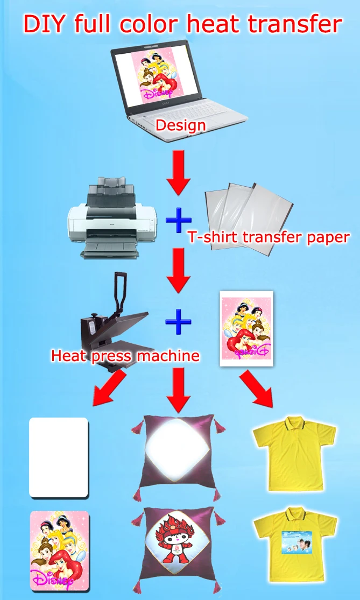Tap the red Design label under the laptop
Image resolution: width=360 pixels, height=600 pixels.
coord(180,126)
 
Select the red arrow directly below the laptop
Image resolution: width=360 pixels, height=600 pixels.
coord(179,171)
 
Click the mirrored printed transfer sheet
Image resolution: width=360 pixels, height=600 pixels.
coord(246,328)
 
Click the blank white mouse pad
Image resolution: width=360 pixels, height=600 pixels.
coord(58,457)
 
